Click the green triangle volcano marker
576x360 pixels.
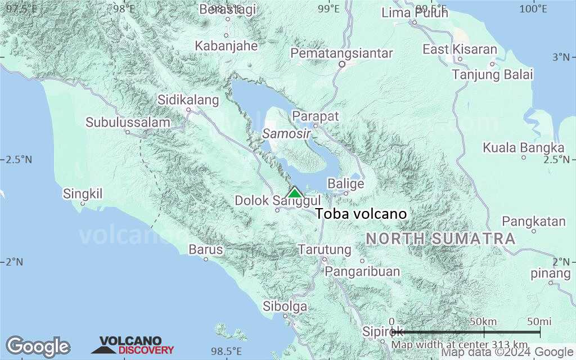pos(294,193)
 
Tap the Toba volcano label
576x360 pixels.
pos(361,214)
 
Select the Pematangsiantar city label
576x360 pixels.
pos(341,53)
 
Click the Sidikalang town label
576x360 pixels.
pos(188,101)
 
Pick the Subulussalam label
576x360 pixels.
pos(128,123)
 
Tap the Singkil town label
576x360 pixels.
pos(83,194)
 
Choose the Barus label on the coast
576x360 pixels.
pos(205,249)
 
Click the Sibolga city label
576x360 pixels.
pos(285,307)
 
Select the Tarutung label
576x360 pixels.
pos(325,249)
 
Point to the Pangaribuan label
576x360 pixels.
pos(363,272)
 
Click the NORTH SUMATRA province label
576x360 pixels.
pos(440,238)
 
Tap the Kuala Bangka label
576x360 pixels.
pos(523,148)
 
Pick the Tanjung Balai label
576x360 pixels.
pos(492,75)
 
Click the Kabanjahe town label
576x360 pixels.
pos(226,46)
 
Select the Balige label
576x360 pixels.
pos(345,184)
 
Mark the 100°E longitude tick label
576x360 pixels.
pos(533,8)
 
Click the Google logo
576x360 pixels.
pos(38,346)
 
